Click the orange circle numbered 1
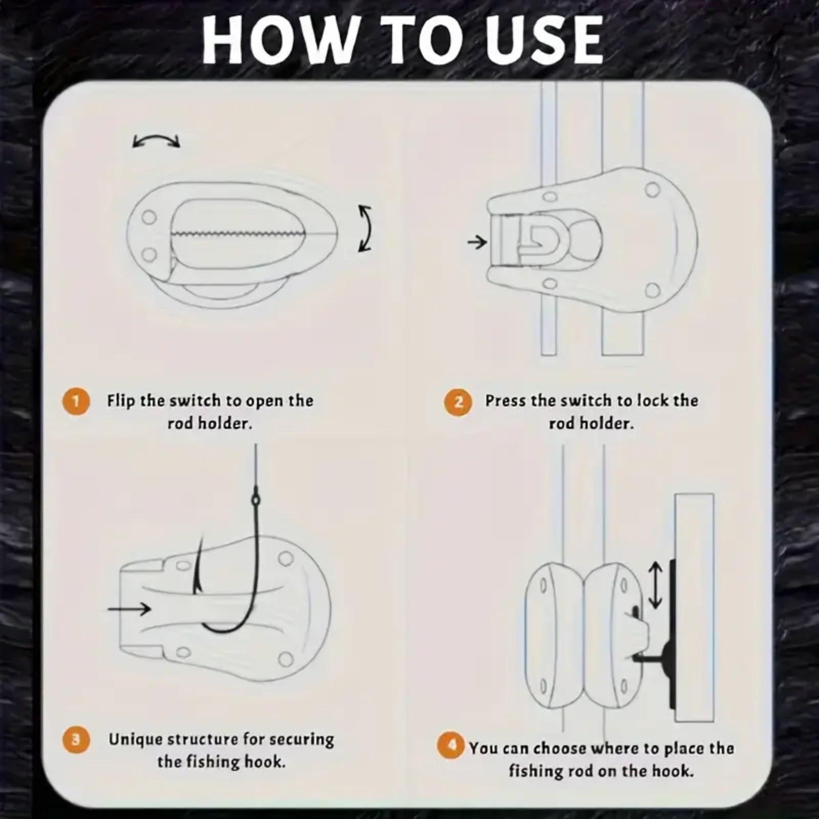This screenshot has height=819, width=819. [76, 401]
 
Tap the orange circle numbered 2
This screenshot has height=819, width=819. [458, 402]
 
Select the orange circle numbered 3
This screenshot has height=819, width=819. [76, 740]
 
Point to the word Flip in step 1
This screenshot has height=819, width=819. [122, 401]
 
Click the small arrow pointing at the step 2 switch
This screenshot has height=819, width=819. [477, 242]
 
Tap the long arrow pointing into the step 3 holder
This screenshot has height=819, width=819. [130, 609]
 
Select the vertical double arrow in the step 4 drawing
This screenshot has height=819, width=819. [655, 585]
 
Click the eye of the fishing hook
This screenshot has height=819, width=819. [255, 498]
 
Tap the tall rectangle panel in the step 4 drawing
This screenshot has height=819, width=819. [695, 607]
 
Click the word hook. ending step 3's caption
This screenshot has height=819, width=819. [264, 762]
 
